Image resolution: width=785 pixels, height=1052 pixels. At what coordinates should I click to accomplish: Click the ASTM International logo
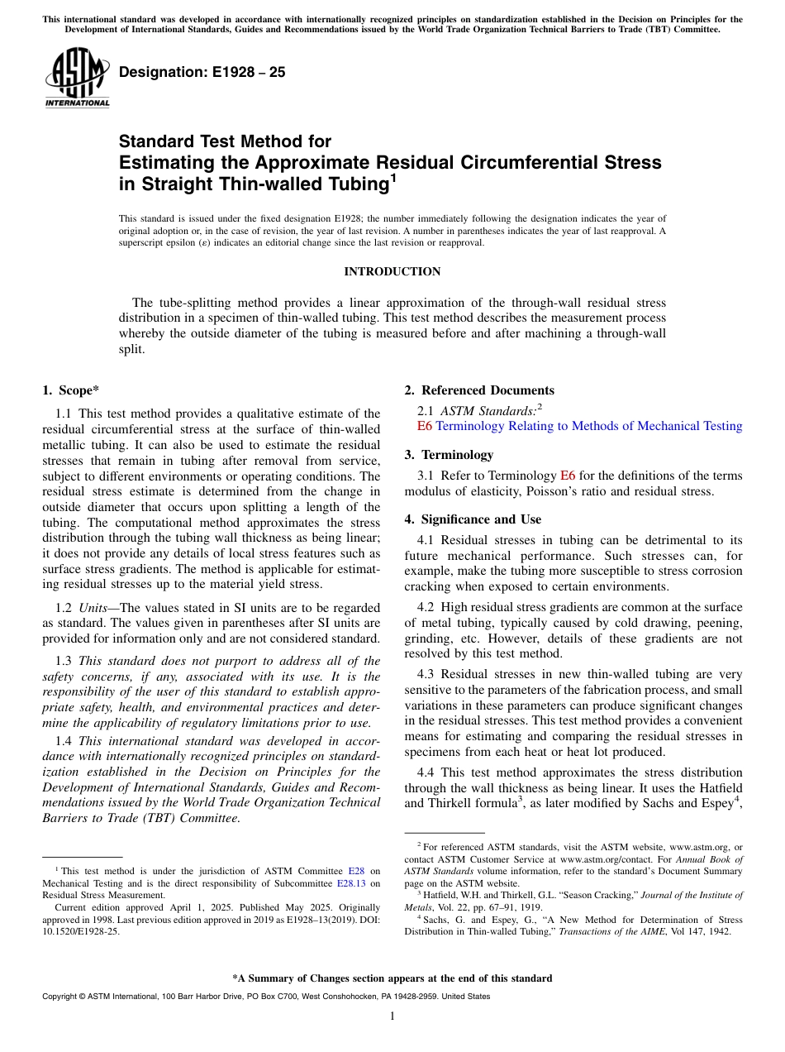pos(77,79)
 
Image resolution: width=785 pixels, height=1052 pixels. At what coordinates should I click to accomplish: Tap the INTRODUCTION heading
pos(392,272)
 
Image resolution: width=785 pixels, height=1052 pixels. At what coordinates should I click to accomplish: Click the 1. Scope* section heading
pos(72,390)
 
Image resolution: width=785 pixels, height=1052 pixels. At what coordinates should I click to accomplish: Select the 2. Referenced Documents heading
pos(479,390)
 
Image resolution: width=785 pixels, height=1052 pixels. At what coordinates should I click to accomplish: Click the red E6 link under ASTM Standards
pos(425,426)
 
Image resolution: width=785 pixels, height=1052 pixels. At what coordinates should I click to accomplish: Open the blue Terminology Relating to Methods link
pos(588,426)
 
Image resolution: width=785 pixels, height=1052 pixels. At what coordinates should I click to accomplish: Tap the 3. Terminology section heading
pos(449,455)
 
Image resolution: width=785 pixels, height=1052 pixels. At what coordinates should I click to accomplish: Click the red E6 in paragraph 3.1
pos(568,476)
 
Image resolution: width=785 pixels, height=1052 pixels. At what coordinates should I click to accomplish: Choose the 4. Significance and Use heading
pos(473,519)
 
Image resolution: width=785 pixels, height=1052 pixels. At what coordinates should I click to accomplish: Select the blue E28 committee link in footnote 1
pos(356,871)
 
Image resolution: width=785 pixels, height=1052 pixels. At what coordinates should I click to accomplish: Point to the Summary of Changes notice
pos(392,978)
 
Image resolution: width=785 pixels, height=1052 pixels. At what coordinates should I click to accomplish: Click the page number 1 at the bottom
pos(392,1016)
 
